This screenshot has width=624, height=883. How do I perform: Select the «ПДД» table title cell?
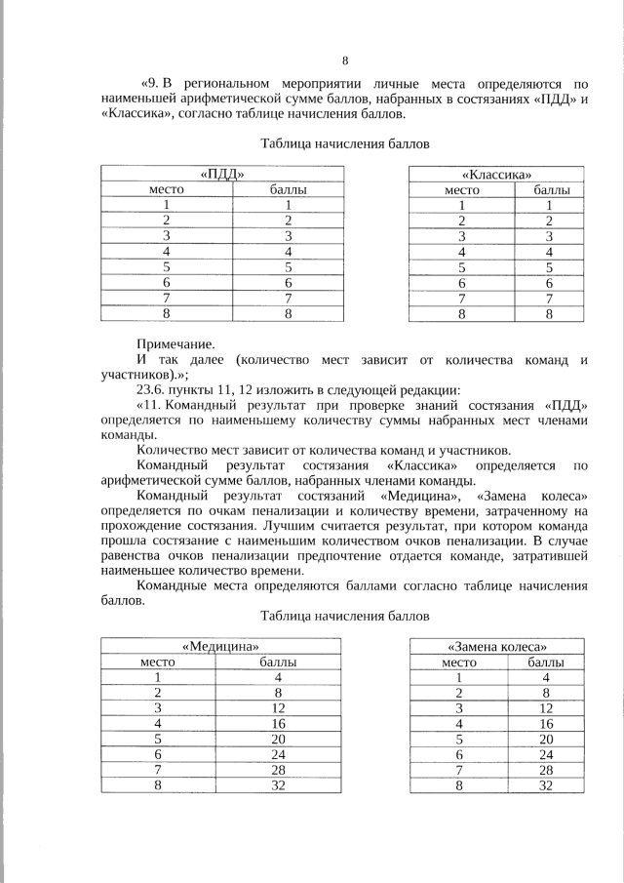pos(220,174)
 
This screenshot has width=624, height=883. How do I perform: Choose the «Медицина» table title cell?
pos(220,646)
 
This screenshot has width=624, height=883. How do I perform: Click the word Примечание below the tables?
pos(175,343)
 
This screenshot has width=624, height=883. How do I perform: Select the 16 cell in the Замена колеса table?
pos(546,724)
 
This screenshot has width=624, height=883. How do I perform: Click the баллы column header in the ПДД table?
pos(288,189)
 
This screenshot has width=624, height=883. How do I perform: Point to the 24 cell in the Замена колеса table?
pos(546,754)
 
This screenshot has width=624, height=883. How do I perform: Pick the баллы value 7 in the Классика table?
pos(549,299)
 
